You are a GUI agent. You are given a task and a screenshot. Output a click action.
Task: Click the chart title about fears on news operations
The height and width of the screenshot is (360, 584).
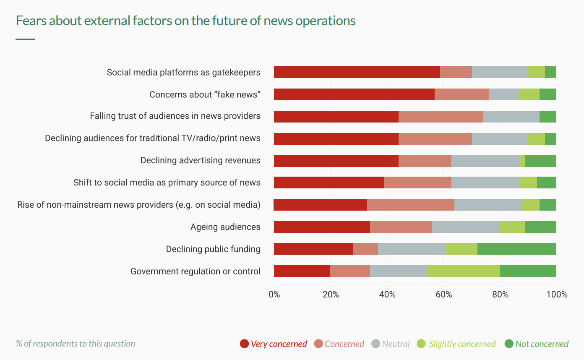click(x=185, y=21)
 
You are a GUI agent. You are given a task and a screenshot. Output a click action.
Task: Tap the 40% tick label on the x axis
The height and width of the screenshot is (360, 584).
click(x=387, y=295)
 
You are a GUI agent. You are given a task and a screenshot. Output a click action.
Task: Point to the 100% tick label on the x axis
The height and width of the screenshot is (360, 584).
click(x=557, y=295)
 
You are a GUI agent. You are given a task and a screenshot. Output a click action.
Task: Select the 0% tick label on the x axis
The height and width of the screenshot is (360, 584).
click(x=274, y=295)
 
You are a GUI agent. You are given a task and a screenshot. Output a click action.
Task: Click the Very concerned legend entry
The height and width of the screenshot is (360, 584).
click(x=274, y=344)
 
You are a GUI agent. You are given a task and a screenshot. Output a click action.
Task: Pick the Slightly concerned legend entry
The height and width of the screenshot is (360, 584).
click(x=456, y=344)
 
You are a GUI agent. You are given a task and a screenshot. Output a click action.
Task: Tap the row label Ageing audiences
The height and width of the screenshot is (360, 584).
click(x=225, y=227)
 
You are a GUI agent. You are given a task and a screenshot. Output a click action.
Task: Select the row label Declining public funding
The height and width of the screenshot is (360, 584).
click(x=213, y=249)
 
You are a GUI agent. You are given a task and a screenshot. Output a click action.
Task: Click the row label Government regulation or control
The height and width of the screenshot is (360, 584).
click(x=196, y=271)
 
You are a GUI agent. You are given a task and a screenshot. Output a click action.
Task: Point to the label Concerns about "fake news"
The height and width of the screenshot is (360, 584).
click(x=205, y=94)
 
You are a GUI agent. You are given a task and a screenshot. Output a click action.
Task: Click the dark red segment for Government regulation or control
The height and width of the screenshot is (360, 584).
click(x=302, y=271)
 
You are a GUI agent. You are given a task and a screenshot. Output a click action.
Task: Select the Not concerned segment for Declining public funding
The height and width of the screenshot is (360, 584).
click(x=517, y=249)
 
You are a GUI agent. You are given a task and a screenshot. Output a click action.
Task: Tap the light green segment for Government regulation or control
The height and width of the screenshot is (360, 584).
click(x=463, y=271)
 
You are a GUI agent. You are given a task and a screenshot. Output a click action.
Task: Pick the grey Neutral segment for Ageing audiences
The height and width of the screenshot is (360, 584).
click(x=466, y=227)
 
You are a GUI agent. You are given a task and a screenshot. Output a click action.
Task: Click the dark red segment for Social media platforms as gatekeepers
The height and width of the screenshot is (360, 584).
click(x=357, y=72)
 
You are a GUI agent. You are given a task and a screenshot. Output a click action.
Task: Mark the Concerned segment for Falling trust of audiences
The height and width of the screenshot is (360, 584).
click(x=441, y=117)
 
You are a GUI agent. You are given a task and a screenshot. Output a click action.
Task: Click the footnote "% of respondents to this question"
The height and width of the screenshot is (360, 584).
click(x=76, y=344)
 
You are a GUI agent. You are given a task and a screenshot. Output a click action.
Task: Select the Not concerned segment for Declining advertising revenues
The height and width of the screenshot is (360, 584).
click(x=541, y=161)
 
